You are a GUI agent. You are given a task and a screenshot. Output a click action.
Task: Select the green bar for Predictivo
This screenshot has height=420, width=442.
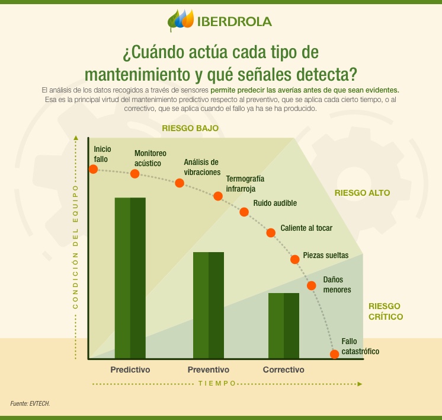(x=130, y=278)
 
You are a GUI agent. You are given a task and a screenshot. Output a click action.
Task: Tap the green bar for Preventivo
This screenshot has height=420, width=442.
(x=209, y=305)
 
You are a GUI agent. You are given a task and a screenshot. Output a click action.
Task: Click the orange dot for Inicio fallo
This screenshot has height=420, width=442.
(x=93, y=169)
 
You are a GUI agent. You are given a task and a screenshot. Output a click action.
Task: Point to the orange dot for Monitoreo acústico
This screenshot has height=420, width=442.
(x=135, y=174)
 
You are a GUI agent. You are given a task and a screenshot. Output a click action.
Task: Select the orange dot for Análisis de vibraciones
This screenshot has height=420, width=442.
(x=180, y=183)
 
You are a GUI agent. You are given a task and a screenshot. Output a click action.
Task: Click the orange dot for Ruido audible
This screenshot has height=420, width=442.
(x=244, y=212)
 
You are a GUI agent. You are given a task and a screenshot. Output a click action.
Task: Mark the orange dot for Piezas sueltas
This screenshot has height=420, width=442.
(x=295, y=259)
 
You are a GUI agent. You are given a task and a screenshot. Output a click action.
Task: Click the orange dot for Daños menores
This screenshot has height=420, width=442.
(x=312, y=285)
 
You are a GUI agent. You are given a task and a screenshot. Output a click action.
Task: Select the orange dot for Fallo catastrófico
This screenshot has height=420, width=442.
(x=334, y=354)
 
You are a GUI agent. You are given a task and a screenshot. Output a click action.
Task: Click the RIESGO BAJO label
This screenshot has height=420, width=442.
(x=191, y=128)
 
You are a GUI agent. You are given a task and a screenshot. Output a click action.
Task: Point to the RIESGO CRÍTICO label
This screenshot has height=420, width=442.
(x=386, y=311)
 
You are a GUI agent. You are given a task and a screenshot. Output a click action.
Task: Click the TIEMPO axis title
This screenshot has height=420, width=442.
(x=217, y=383)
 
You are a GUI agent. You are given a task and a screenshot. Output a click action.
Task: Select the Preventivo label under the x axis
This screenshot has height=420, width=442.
(x=209, y=370)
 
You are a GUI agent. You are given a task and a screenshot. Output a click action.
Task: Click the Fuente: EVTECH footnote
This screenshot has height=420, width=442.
(x=30, y=403)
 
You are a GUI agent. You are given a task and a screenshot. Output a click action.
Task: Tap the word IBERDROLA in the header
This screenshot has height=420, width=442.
(x=235, y=21)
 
